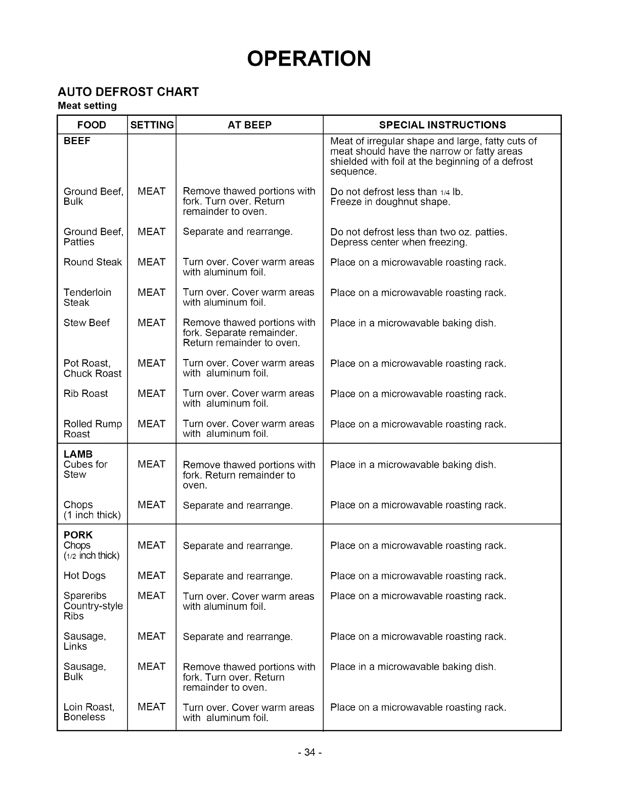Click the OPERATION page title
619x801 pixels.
[x=309, y=59]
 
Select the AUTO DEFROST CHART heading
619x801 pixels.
[x=128, y=92]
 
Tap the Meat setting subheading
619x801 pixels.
[x=87, y=106]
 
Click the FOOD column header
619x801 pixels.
[x=92, y=125]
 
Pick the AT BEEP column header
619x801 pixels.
[x=249, y=125]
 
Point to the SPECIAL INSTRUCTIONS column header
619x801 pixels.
[x=442, y=125]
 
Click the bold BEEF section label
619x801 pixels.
[x=77, y=141]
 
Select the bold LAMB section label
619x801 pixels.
[x=78, y=454]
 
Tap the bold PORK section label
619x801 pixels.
[x=78, y=535]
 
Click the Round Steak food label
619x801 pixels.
[x=93, y=262]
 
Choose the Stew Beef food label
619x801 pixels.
[x=86, y=323]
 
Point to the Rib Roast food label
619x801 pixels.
[x=85, y=393]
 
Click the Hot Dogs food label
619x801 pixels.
[x=84, y=575]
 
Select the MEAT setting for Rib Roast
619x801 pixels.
[x=151, y=393]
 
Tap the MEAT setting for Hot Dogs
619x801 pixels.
[x=151, y=575]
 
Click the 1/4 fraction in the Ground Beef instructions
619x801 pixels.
[x=445, y=192]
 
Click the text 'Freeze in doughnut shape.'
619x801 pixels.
[x=390, y=202]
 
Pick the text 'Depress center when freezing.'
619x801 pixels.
[x=399, y=242]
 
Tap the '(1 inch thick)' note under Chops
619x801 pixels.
[x=92, y=515]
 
